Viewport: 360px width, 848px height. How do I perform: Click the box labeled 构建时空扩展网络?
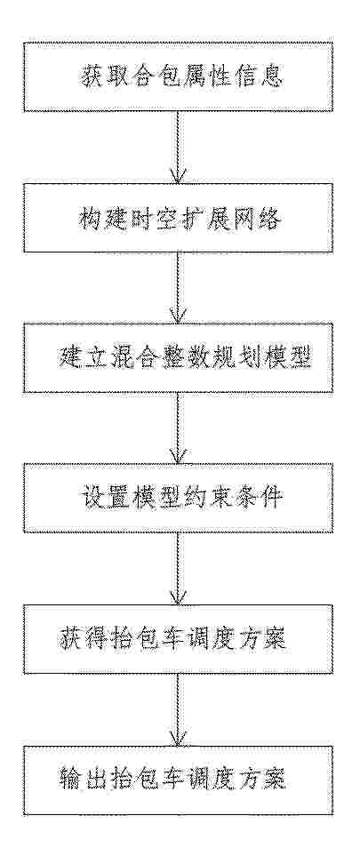[179, 218]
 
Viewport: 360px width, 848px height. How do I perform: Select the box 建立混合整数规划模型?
[179, 357]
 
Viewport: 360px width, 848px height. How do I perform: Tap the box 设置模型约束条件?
[179, 498]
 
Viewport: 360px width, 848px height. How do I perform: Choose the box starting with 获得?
[179, 639]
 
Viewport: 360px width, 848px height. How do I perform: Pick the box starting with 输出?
[179, 780]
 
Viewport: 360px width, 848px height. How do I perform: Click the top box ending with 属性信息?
[179, 76]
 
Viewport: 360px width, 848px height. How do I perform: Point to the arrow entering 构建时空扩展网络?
[179, 147]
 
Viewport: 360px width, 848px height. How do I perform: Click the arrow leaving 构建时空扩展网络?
[179, 288]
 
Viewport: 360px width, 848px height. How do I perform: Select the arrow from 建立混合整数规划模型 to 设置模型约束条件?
[179, 428]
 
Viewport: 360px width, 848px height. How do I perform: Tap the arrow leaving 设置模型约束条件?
[179, 569]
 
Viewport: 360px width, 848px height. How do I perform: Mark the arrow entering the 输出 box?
[179, 709]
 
